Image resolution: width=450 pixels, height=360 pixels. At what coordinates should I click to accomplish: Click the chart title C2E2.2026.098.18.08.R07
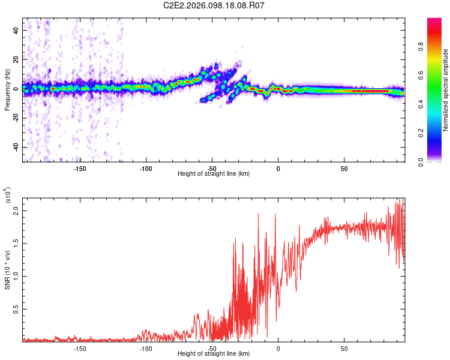(214, 6)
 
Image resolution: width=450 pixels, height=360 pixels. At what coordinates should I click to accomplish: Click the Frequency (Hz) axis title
(8, 89)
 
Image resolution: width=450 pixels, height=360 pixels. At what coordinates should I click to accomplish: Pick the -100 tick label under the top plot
(146, 169)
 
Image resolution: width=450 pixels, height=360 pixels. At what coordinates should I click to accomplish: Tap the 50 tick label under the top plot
(344, 169)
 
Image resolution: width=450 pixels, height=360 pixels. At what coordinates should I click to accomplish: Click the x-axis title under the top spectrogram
(214, 174)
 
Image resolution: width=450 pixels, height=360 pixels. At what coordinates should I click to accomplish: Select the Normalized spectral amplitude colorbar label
(445, 90)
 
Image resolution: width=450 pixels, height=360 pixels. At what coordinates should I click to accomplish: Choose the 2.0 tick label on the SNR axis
(17, 211)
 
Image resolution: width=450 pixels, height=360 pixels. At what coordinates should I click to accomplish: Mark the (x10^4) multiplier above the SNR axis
(8, 196)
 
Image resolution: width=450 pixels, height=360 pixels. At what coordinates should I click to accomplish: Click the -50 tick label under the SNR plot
(212, 348)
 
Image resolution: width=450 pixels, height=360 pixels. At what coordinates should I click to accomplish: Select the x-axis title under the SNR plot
(214, 354)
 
